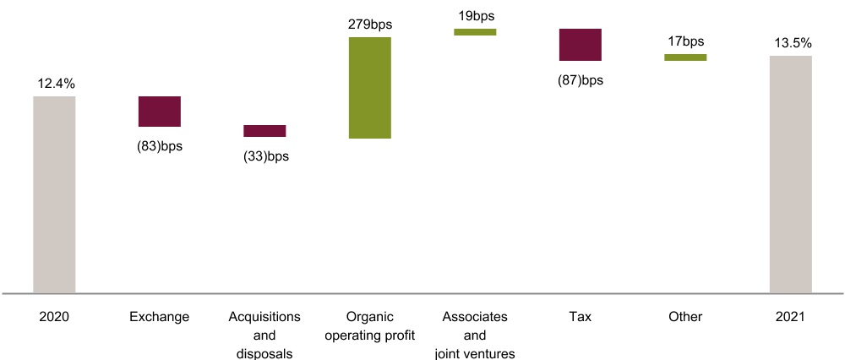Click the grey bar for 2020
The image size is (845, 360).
pos(54,194)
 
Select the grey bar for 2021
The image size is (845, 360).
pos(790,174)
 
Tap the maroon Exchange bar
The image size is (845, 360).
pos(160,112)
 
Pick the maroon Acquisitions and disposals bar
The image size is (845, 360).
pos(264,131)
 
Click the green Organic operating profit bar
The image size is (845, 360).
pos(369,88)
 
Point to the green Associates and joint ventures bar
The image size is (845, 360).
pos(475,32)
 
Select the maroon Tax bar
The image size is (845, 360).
pos(580,45)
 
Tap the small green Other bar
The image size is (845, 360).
pos(685,57)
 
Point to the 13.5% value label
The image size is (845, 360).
pos(790,43)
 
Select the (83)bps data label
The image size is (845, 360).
pos(160,145)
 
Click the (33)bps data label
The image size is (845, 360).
pos(264,156)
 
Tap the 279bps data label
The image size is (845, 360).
pos(369,24)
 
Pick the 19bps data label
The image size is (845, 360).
pos(475,15)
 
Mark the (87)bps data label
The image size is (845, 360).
pos(580,80)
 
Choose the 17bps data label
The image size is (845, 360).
pos(685,41)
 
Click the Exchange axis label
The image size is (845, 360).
pos(160,317)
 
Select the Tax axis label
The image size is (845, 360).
pos(580,317)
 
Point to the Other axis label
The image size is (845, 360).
pos(685,317)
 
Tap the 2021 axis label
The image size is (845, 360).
pos(790,317)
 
